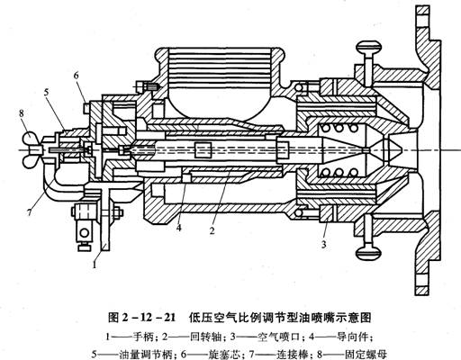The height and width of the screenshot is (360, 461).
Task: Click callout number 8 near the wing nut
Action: (21, 113)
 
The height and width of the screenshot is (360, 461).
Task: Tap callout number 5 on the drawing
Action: (46, 92)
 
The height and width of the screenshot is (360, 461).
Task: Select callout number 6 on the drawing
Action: (76, 76)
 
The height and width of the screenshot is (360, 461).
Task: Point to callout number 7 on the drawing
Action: (29, 212)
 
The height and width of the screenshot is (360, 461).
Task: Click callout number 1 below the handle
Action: (95, 265)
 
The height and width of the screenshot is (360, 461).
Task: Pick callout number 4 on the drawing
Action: (179, 228)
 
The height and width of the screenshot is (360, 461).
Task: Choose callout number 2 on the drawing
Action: (212, 230)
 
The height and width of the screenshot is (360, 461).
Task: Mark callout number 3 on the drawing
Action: (323, 245)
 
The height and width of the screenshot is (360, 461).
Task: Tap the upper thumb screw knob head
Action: (369, 47)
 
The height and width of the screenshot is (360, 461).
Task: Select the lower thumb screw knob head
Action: (369, 253)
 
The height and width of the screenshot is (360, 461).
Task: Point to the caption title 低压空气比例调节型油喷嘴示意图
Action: (280, 318)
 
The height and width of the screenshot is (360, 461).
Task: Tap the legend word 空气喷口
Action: (279, 337)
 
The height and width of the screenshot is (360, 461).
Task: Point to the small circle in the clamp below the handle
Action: (85, 232)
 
